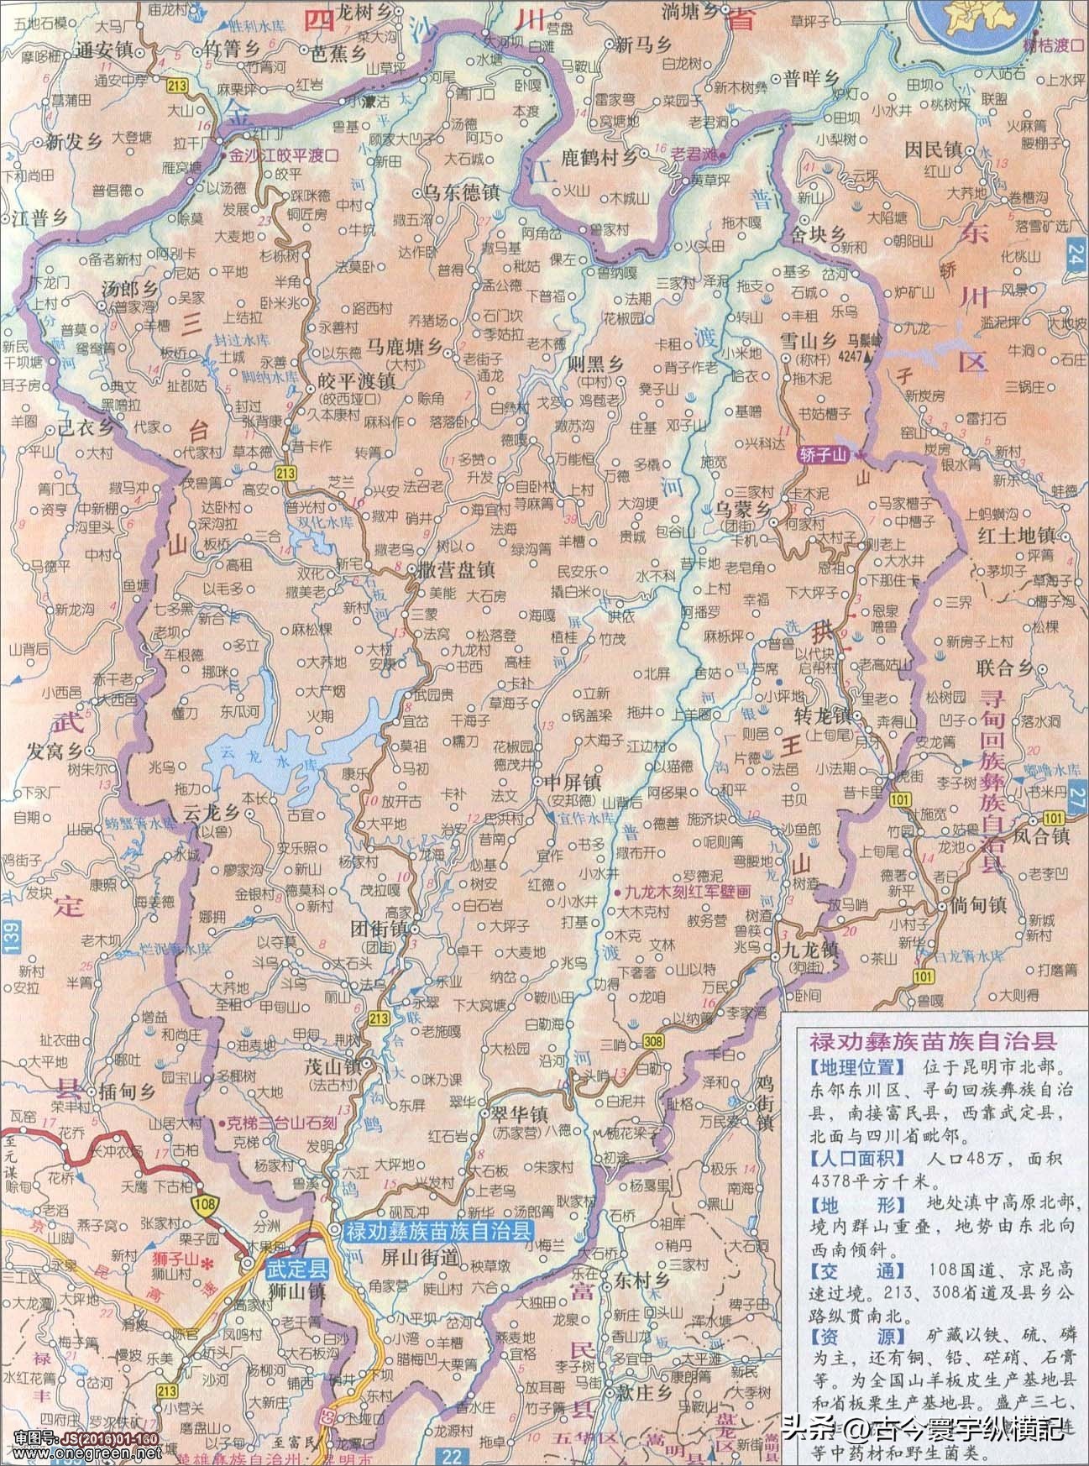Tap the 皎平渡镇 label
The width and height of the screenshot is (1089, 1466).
tap(357, 380)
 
